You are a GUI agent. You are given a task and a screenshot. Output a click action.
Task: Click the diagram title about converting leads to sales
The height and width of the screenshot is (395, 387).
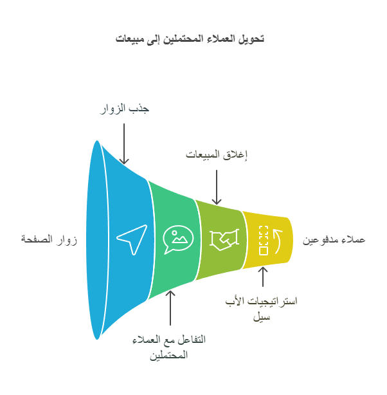pos(190,39)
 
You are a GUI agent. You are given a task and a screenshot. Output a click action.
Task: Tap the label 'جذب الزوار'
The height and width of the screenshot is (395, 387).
pos(124,109)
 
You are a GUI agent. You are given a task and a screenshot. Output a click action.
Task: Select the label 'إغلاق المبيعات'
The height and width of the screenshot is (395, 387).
pos(217,154)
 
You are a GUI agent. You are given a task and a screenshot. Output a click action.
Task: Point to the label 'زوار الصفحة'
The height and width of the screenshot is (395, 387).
pos(49,239)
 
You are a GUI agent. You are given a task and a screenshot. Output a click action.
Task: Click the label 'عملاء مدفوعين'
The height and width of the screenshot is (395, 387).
pos(334,239)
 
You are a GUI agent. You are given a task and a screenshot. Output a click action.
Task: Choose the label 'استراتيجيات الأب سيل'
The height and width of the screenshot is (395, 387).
pos(262,309)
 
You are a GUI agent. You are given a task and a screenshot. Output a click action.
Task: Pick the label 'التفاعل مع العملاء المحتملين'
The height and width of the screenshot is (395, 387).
pos(169,347)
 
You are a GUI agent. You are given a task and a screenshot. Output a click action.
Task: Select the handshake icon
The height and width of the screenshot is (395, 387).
pos(224,239)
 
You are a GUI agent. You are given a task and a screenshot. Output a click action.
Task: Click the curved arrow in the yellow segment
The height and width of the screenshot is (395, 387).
pos(278,241)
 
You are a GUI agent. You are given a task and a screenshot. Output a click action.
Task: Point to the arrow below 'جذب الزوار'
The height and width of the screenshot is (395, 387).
pos(124,143)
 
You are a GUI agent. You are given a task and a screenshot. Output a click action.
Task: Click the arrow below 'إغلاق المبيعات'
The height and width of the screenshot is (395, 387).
pos(217,187)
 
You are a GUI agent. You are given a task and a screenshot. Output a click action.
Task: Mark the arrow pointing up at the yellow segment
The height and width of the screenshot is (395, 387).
pos(263,277)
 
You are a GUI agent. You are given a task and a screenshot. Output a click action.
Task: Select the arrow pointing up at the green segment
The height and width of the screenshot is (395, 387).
pos(170,308)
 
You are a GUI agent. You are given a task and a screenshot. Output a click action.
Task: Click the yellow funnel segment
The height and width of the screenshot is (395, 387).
pos(267,240)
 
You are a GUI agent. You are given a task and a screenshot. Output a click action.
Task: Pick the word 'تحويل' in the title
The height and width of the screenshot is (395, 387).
pos(251,39)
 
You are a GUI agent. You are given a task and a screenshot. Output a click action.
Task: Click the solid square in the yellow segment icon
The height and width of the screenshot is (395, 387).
pos(264,251)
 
